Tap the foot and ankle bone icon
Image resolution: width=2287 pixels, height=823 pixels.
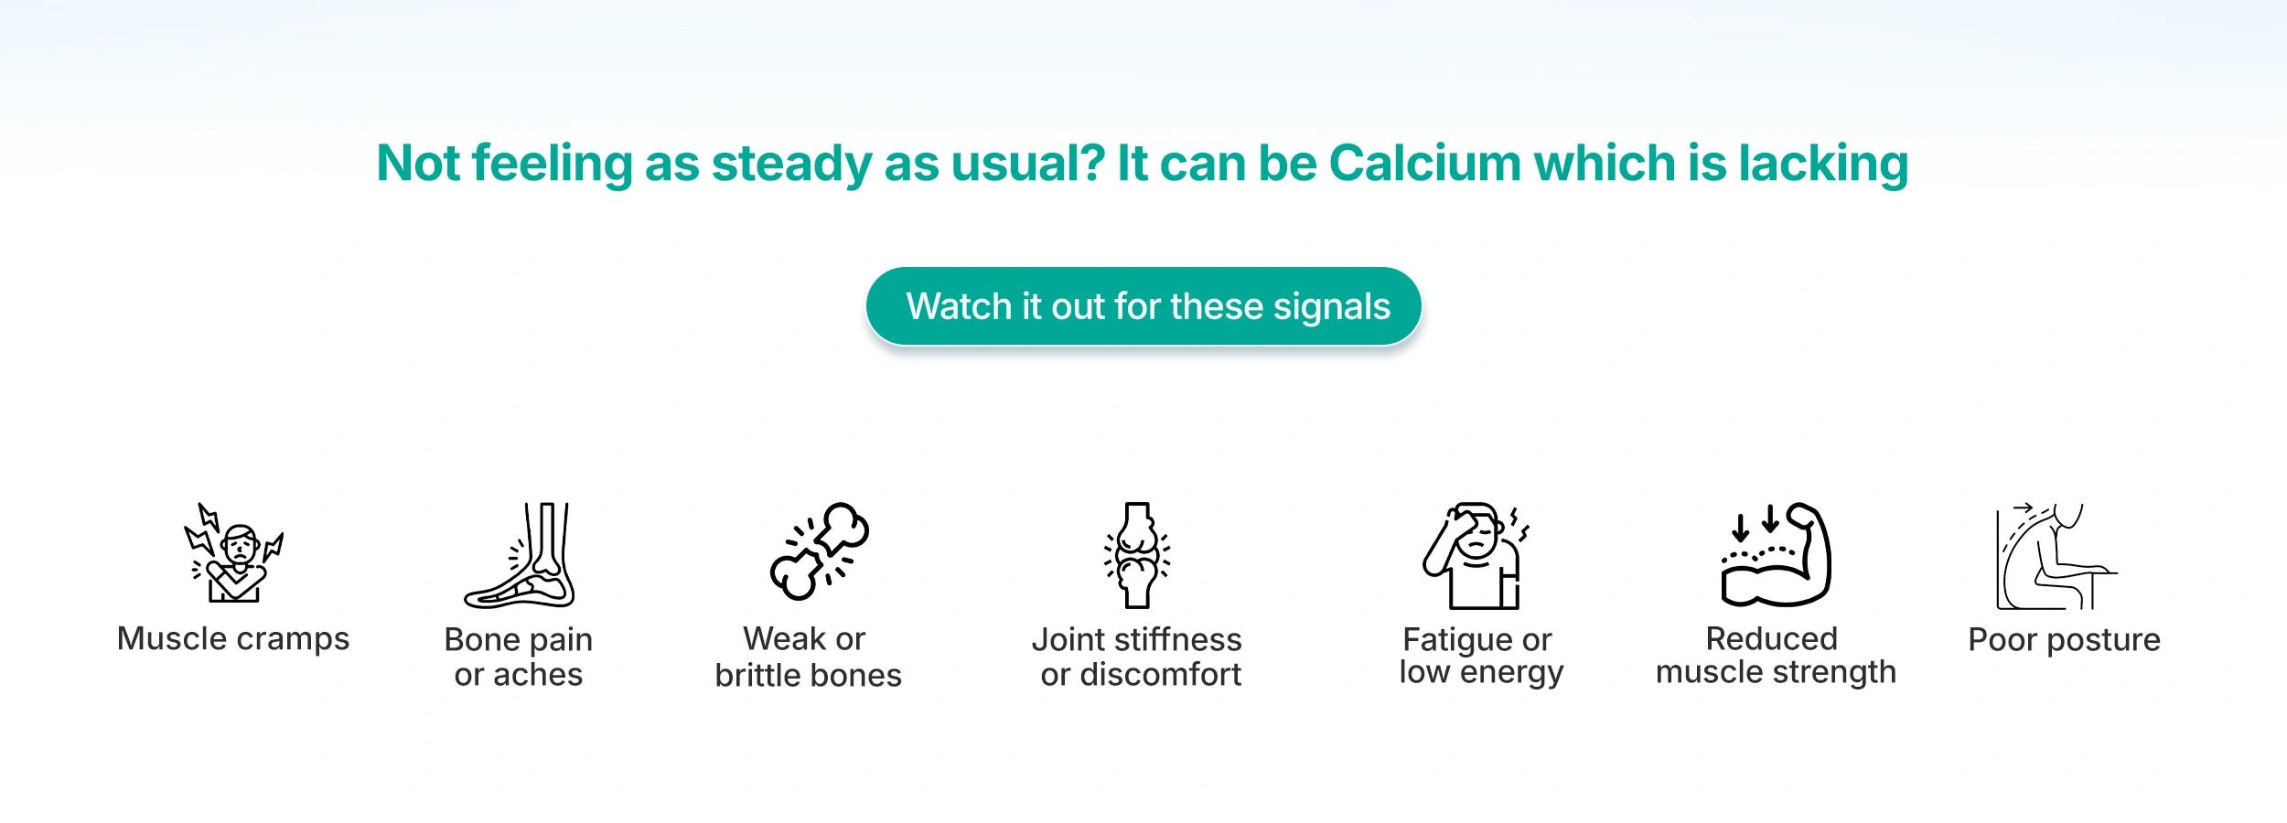pos(520,555)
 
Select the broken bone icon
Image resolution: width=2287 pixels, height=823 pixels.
pos(819,550)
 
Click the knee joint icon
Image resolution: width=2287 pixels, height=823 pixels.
pos(1137,555)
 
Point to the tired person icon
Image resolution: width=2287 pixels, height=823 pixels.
pos(1476,555)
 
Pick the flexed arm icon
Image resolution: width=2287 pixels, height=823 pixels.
pos(1775,554)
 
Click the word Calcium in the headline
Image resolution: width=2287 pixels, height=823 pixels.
pos(1424,164)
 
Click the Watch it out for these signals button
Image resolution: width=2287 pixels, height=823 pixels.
pos(1143,306)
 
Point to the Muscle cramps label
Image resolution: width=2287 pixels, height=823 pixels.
pos(233,639)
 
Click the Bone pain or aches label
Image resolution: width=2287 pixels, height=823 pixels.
pos(519,657)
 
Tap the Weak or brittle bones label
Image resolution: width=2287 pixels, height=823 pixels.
pos(808,657)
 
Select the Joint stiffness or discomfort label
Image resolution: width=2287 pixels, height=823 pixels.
pos(1138,657)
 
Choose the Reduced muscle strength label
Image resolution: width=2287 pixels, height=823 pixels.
pos(1776,656)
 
